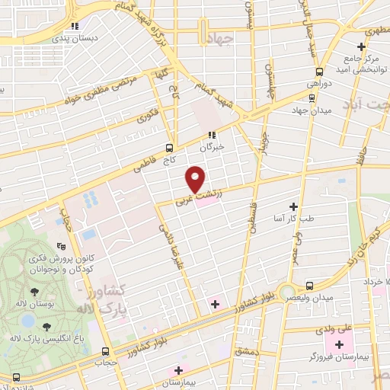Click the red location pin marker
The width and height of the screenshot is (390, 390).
click(x=197, y=178)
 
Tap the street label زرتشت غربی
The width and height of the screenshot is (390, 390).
click(x=191, y=198)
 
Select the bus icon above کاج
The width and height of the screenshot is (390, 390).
click(x=169, y=149)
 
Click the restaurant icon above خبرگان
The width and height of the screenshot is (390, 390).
click(x=212, y=135)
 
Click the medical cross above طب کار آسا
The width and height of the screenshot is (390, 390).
click(x=293, y=206)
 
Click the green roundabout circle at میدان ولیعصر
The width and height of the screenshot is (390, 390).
click(x=287, y=292)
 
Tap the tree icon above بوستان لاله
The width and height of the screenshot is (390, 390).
click(x=34, y=292)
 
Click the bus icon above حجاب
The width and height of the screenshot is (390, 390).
click(x=106, y=351)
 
